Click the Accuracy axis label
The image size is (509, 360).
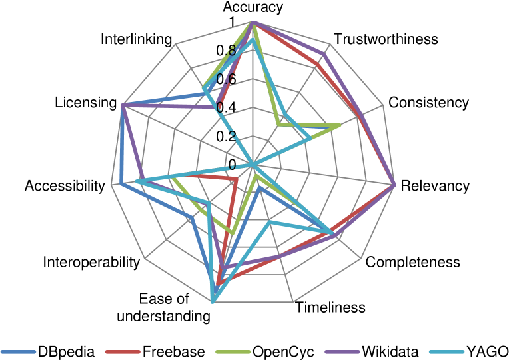253,7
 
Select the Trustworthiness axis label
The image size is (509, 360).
386,39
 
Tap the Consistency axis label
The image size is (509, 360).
429,103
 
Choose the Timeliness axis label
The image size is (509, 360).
331,307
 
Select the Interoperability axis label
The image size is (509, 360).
92,262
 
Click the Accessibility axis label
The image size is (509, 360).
65,185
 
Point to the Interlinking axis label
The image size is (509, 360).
137,39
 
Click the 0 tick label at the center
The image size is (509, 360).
233,165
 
